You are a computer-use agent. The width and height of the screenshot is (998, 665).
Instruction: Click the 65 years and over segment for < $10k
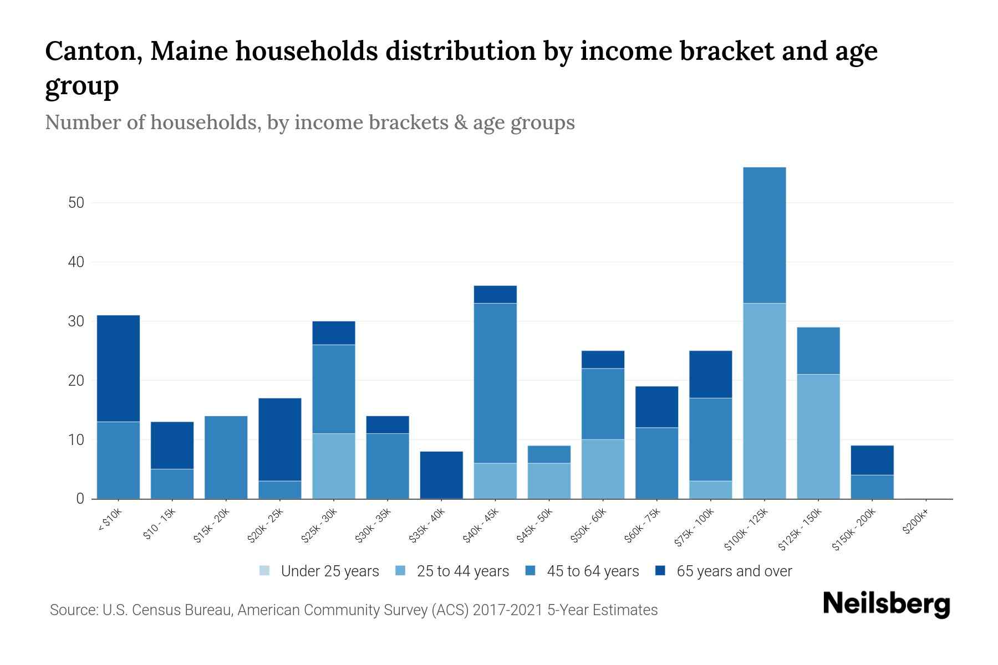118,369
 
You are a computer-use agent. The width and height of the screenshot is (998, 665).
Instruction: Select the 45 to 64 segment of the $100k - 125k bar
764,235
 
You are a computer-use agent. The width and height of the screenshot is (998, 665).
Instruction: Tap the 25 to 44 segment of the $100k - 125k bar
764,401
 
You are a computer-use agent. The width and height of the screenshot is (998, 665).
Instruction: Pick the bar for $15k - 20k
226,457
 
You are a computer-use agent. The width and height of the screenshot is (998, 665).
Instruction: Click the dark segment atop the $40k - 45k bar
495,294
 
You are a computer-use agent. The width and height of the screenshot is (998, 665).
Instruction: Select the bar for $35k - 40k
441,475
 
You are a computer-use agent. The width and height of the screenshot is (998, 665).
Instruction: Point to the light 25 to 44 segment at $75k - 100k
710,489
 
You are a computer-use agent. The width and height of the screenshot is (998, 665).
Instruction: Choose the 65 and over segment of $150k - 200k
872,460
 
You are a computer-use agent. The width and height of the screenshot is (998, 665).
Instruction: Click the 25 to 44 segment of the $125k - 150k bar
818,436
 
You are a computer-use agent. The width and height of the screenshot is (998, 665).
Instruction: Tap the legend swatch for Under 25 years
264,571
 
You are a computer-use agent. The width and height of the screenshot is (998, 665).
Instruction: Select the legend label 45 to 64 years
592,571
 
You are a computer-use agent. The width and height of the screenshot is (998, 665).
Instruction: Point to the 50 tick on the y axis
76,203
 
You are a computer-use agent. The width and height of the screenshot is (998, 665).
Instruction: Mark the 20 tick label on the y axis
76,381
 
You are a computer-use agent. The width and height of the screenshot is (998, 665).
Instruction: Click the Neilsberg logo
886,604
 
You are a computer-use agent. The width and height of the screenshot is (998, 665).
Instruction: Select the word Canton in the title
91,51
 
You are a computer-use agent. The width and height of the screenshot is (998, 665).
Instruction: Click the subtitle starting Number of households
309,122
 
